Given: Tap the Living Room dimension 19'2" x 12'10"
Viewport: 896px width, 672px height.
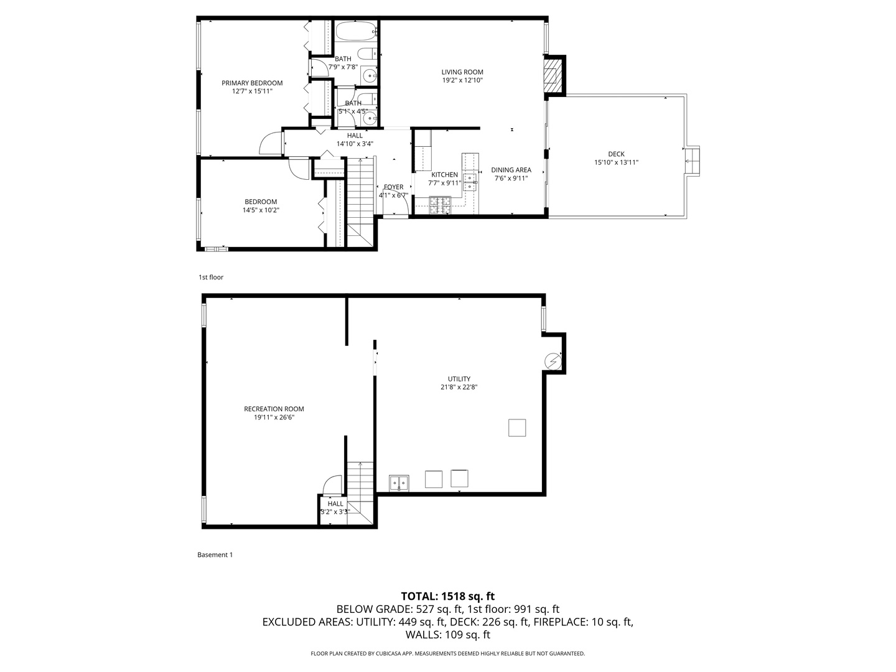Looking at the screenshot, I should (462, 80).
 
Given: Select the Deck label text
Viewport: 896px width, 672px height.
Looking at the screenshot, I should (616, 154).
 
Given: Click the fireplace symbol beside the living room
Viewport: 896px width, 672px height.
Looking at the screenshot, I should (551, 74).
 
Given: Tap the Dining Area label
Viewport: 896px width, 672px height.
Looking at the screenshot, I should (511, 170).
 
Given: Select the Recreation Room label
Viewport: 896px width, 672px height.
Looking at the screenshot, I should (274, 409).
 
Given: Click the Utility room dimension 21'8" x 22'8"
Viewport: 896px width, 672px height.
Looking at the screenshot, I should (459, 387).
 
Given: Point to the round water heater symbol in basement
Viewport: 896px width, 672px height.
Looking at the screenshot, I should (553, 360).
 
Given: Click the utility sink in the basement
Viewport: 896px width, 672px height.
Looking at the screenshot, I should (398, 483).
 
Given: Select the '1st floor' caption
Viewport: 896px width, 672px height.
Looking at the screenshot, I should (210, 278).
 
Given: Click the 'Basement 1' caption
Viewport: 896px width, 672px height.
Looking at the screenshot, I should (215, 555).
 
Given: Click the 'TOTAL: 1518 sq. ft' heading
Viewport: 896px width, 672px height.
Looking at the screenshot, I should (447, 596).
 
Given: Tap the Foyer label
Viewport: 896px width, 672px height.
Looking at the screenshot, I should (393, 187).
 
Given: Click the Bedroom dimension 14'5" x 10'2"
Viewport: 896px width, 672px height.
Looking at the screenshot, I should (261, 210).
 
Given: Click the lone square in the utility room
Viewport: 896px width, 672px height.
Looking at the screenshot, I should (517, 428).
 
